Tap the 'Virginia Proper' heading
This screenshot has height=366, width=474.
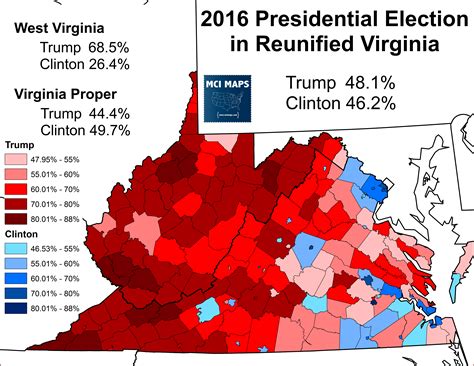click(68, 94)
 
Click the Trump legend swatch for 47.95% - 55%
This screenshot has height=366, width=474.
click(17, 158)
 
